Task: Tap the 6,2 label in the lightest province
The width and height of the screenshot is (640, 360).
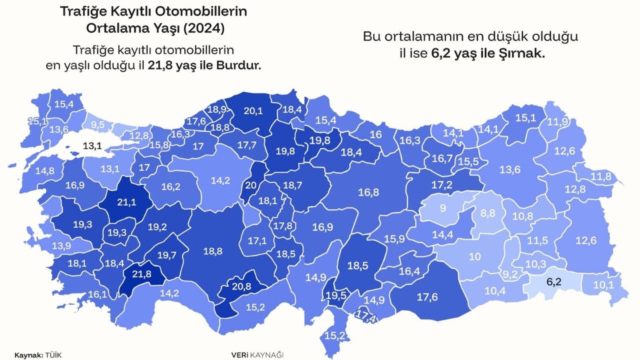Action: pyautogui.click(x=553, y=281)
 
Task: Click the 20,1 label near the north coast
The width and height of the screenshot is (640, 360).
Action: pyautogui.click(x=252, y=111)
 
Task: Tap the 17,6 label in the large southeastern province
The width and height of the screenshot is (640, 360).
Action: pyautogui.click(x=428, y=296)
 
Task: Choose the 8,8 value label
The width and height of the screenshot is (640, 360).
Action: pyautogui.click(x=488, y=213)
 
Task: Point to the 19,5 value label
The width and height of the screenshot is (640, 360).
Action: pyautogui.click(x=335, y=295)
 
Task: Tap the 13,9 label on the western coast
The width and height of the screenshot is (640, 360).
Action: pyautogui.click(x=60, y=245)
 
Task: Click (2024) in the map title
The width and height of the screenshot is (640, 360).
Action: pyautogui.click(x=203, y=28)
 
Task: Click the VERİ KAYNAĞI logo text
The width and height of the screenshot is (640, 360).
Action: pyautogui.click(x=257, y=354)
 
